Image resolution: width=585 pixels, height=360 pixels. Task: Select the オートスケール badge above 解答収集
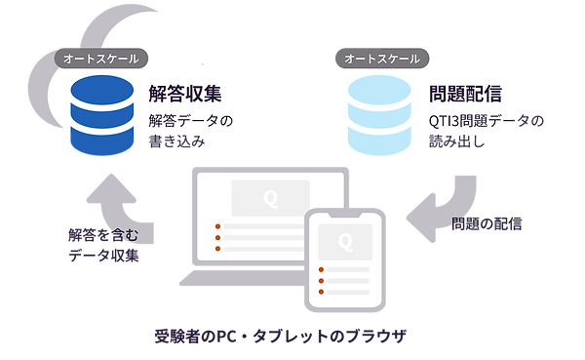100,59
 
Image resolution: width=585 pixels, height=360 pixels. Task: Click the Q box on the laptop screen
270,198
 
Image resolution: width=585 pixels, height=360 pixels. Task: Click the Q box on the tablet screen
343,240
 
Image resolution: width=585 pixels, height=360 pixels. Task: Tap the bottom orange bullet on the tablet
320,293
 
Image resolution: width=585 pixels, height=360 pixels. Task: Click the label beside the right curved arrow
487,224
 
